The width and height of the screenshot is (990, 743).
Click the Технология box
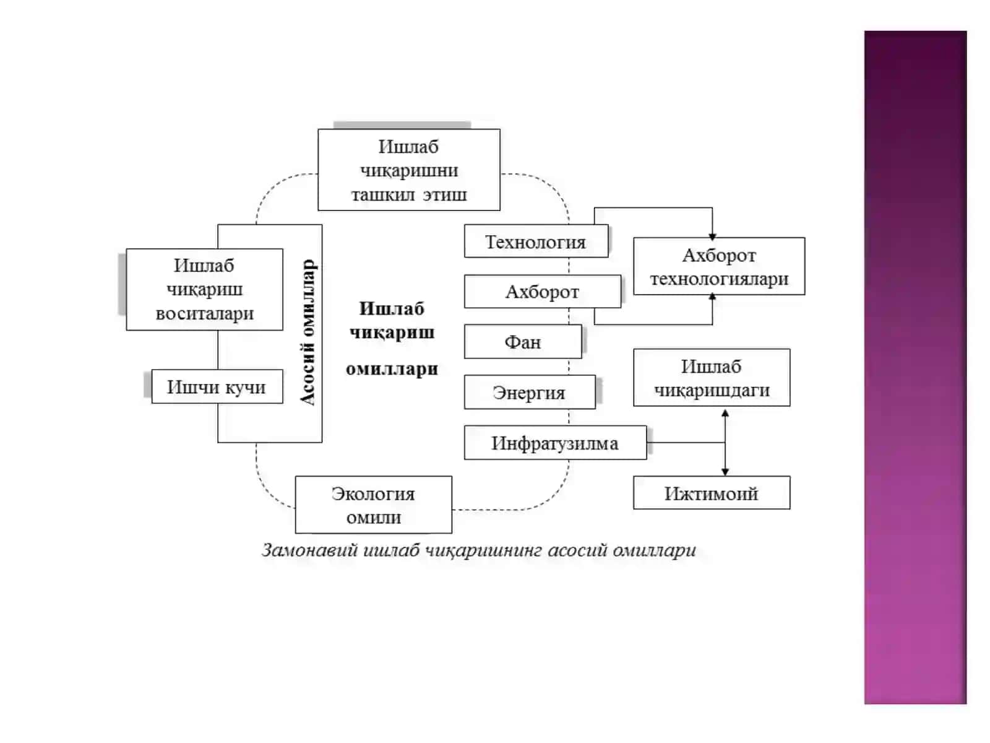[536, 241]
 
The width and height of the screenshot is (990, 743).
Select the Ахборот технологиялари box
[719, 266]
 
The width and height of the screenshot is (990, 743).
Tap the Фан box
[523, 342]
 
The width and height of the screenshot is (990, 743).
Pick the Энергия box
[530, 392]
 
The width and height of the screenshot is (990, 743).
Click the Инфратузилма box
[555, 443]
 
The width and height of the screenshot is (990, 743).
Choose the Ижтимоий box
[712, 493]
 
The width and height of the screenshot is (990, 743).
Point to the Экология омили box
[374, 505]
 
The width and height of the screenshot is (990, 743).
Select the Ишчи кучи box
[217, 386]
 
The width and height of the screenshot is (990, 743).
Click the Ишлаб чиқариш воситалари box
[204, 289]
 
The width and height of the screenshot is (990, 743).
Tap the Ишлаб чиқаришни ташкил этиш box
[408, 170]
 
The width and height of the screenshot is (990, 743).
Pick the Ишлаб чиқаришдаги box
[712, 378]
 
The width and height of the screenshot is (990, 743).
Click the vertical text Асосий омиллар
[308, 332]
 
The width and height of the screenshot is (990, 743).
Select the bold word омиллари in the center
[392, 369]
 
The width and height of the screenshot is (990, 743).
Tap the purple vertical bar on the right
[915, 367]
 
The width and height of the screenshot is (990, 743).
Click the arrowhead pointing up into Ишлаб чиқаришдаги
[725, 413]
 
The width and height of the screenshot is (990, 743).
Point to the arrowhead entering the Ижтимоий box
[725, 472]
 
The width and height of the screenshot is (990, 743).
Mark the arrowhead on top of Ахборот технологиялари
[712, 237]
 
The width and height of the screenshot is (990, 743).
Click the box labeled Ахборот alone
[543, 292]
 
